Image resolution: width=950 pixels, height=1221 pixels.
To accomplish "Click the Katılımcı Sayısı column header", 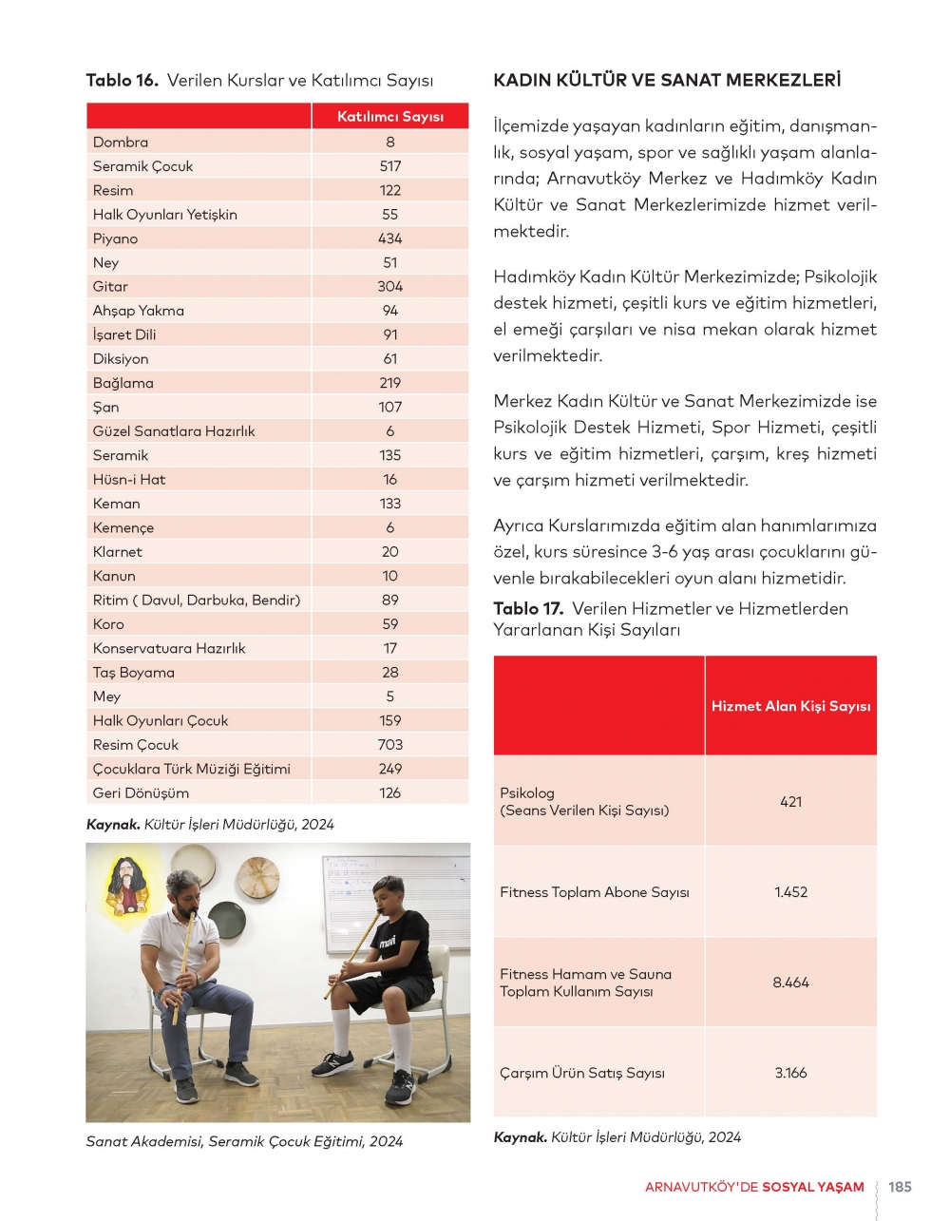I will coord(390,117).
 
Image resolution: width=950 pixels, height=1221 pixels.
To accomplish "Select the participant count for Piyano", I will coord(390,238).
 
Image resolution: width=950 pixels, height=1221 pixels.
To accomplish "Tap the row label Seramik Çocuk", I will coord(142,166).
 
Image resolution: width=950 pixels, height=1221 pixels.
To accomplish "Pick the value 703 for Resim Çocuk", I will coord(390,745).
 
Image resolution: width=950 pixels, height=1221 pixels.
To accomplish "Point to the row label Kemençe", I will coord(123,528).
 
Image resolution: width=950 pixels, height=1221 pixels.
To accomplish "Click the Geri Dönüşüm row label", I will coord(141,793).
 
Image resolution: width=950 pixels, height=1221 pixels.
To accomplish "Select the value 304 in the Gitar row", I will coord(390,287).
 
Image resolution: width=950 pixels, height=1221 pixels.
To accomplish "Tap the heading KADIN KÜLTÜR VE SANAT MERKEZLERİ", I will coord(667,81).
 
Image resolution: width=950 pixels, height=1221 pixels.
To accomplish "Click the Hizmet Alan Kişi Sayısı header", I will coord(790,706).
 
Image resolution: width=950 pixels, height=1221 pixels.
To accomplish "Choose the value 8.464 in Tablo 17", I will coord(790,983).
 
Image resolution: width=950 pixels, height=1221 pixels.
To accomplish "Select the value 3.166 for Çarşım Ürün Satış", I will coord(790,1073).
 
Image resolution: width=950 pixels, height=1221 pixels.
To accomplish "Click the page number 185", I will coord(900,1187).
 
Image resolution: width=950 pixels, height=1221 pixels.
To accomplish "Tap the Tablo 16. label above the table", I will coord(122,81).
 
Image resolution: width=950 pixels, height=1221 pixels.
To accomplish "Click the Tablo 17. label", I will coord(528,609).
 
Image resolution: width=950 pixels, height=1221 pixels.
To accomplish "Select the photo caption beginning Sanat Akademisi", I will coord(244,1141).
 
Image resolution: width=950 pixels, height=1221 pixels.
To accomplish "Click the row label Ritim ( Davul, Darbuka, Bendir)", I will coord(197,601).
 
